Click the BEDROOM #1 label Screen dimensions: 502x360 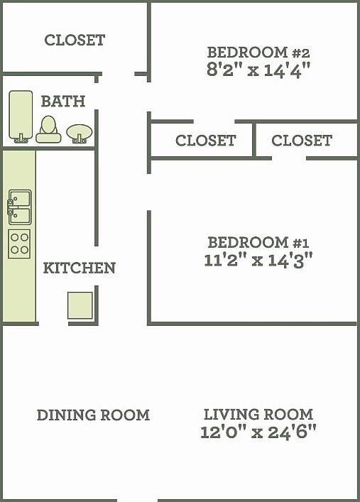click(258, 241)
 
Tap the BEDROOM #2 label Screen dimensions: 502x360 click(258, 52)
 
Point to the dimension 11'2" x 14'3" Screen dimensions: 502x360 click(258, 259)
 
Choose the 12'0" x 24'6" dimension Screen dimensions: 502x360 click(258, 432)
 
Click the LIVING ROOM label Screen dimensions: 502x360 click(258, 414)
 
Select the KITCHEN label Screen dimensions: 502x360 click(79, 268)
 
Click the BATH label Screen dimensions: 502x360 click(62, 102)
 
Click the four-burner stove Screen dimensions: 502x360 click(19, 244)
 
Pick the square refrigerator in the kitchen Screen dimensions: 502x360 click(80, 305)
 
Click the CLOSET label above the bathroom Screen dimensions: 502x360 click(75, 40)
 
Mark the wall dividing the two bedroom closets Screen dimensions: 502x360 click(253, 140)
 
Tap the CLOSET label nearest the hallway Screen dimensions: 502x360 click(205, 141)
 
